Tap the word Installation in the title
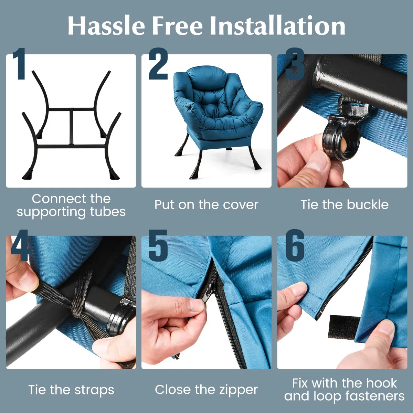[277, 25]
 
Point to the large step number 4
[20, 245]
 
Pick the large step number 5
[158, 246]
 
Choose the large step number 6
[295, 246]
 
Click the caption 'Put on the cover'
[206, 205]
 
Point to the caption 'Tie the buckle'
[345, 204]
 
